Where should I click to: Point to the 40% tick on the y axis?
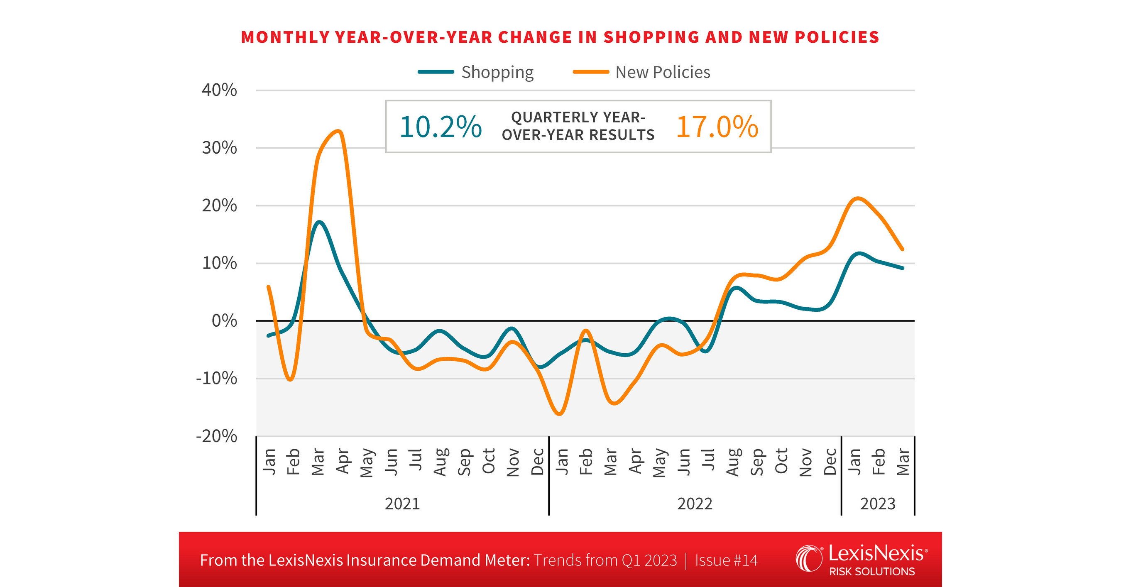[219, 90]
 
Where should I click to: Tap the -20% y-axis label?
[217, 436]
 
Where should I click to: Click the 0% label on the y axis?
[224, 321]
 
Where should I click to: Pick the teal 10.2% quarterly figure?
[441, 127]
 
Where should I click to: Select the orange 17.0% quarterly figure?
[717, 127]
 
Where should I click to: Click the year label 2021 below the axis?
[402, 504]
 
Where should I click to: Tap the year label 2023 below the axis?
[878, 504]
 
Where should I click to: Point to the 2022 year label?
[695, 504]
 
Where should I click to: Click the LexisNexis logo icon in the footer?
[809, 558]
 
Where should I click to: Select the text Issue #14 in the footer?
[726, 560]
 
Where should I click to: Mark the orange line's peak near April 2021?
[338, 131]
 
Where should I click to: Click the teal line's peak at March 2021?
[319, 223]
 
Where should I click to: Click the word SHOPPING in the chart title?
[651, 37]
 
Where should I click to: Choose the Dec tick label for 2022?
[830, 462]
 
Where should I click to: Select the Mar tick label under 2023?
[903, 462]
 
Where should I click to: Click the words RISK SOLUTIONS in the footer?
[871, 571]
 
